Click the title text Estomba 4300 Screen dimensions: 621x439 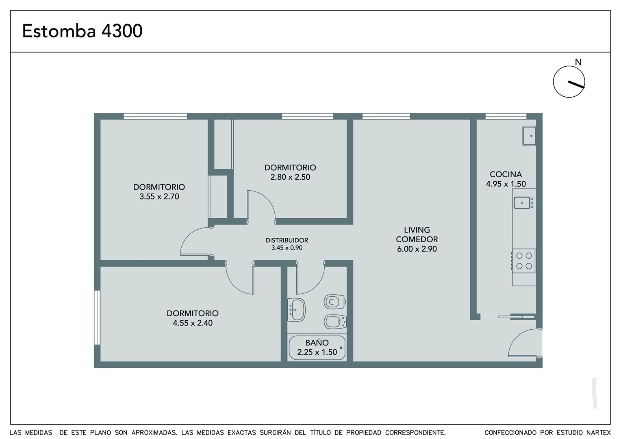coord(83,31)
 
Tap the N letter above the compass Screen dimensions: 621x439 coord(578,62)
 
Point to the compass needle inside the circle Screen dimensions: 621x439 coord(576,85)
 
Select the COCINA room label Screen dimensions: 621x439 coord(506,174)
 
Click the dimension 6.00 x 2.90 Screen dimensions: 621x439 coord(417,249)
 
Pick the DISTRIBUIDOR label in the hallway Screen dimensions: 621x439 coord(287,240)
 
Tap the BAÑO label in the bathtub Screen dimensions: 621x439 coord(317,343)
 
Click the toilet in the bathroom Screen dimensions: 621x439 coord(334,302)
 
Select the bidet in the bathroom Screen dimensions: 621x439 coord(335,322)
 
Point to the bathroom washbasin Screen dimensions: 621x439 coord(296,310)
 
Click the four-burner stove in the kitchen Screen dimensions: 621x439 coord(524,261)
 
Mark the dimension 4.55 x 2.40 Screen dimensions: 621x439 coord(193,323)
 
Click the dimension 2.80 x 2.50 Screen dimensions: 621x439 coord(290,177)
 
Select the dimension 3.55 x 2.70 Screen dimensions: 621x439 coord(159,196)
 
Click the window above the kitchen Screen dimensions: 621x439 coord(506,116)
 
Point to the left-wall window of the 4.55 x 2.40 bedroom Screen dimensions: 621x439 coord(97,317)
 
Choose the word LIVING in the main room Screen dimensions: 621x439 coord(417,230)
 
